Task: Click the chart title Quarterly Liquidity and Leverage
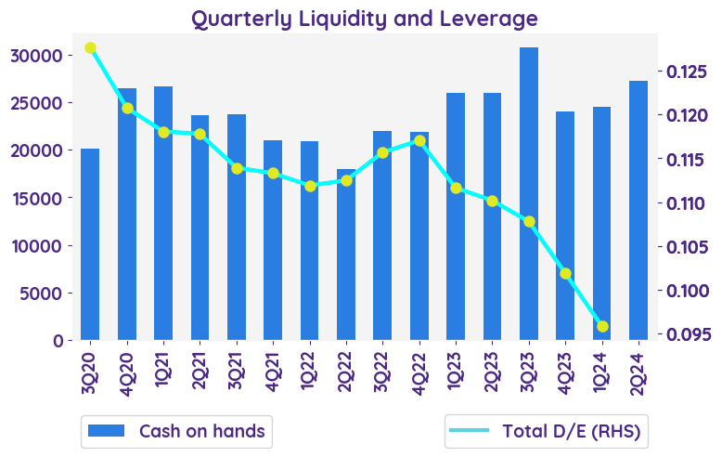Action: point(364,18)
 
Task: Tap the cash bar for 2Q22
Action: point(346,255)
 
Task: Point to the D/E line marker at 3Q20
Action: point(90,48)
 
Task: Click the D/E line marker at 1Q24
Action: point(602,326)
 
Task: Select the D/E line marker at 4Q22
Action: point(419,141)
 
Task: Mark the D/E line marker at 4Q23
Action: point(565,273)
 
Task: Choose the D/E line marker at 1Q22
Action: point(310,186)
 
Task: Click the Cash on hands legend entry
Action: point(176,431)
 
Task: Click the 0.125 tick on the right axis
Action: point(685,72)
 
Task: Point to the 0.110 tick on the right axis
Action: point(685,203)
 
